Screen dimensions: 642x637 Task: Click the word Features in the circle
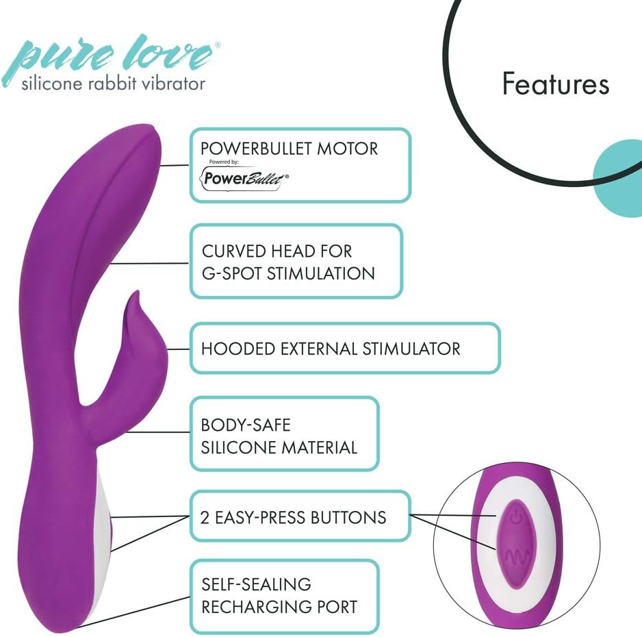(x=556, y=84)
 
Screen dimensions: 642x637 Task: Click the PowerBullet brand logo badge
(x=244, y=178)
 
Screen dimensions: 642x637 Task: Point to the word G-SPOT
(x=232, y=274)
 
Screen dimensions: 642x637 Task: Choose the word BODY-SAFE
(x=246, y=425)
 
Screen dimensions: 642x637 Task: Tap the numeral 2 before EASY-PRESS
(x=205, y=518)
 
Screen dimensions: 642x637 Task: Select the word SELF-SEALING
(x=256, y=584)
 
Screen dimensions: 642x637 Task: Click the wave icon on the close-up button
(x=517, y=556)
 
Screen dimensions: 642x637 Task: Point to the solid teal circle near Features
(x=618, y=179)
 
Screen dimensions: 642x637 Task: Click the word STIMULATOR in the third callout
(x=411, y=349)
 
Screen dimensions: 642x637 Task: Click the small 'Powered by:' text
(x=224, y=162)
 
